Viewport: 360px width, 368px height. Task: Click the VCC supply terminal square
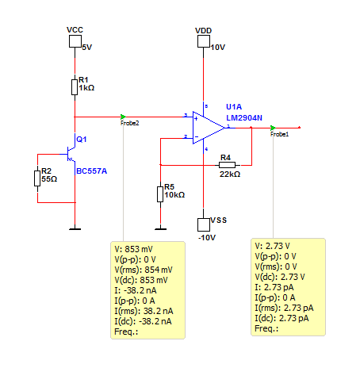click(x=75, y=41)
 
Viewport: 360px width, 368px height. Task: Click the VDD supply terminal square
click(x=204, y=41)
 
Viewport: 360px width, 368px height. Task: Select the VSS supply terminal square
click(x=204, y=224)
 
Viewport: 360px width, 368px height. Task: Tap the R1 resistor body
click(x=75, y=87)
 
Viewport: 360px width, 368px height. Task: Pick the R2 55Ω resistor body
click(x=37, y=178)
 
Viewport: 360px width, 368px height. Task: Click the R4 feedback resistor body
click(x=227, y=165)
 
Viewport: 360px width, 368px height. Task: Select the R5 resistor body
click(x=160, y=194)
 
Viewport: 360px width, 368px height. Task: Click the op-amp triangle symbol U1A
click(x=209, y=128)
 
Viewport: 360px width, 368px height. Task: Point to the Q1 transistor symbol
click(x=71, y=154)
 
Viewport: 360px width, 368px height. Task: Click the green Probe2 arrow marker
click(x=123, y=117)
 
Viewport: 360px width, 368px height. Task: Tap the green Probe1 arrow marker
click(x=273, y=128)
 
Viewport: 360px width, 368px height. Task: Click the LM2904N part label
click(x=244, y=118)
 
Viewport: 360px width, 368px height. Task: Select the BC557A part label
click(x=91, y=171)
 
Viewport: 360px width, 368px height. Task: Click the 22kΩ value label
click(x=230, y=174)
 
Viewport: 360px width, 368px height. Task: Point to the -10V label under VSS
click(x=207, y=238)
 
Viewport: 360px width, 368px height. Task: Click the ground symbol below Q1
click(x=75, y=228)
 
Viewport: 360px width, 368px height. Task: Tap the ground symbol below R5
click(x=160, y=228)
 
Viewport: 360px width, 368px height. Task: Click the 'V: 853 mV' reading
click(x=133, y=249)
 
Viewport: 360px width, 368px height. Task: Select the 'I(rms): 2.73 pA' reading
click(x=284, y=308)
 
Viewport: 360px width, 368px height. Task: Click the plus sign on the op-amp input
click(x=196, y=119)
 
